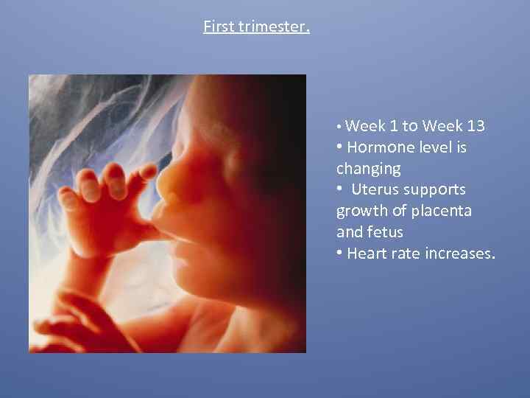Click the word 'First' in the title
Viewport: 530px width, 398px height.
[x=219, y=27]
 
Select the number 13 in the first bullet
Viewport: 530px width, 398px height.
[x=475, y=126]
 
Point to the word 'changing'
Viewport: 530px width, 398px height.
[x=368, y=169]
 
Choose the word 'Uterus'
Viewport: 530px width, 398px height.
[x=377, y=190]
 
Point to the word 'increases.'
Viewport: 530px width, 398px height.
[x=459, y=254]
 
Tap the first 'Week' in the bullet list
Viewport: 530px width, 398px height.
[x=361, y=126]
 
